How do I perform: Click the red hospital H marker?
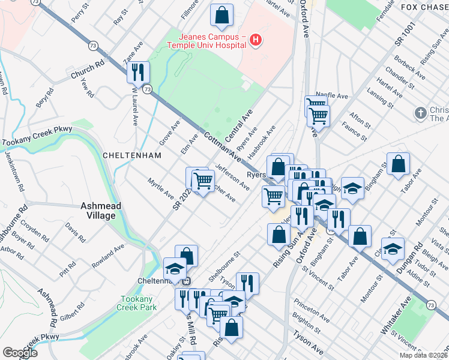[x=256, y=41]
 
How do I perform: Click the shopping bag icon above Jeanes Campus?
[x=222, y=17]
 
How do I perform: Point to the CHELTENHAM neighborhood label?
[x=133, y=155]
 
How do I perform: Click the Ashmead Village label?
[x=101, y=211]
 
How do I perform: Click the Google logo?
[x=19, y=353]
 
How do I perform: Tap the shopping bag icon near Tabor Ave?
[x=399, y=164]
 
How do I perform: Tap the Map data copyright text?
[x=423, y=355]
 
